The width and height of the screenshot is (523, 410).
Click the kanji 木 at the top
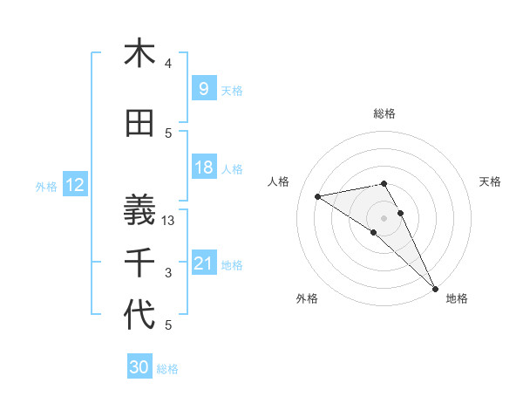tap(139, 54)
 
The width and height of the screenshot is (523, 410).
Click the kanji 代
tap(139, 315)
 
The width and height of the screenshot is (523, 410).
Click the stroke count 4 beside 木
tap(168, 64)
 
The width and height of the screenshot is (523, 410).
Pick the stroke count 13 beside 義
tap(169, 222)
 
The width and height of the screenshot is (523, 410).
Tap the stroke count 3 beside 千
tap(168, 274)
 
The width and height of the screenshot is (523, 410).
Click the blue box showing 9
tap(203, 88)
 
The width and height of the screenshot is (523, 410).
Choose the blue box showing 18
tap(203, 167)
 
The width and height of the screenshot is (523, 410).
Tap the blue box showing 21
tap(203, 263)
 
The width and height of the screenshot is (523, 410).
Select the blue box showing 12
tap(75, 185)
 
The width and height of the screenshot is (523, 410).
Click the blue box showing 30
tap(139, 367)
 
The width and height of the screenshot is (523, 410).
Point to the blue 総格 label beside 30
tap(168, 369)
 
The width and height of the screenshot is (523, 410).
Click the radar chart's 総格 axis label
tap(384, 113)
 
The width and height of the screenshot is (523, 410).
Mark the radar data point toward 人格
tap(317, 196)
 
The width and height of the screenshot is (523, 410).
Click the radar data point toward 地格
tap(435, 287)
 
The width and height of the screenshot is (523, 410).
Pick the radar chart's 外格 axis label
tap(307, 298)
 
